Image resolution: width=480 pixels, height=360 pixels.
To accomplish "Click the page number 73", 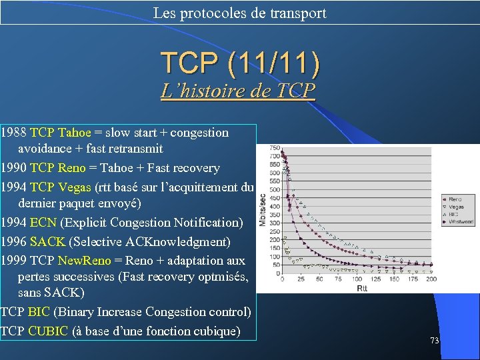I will click(434, 340).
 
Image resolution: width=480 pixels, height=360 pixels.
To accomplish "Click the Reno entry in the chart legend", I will click(455, 199).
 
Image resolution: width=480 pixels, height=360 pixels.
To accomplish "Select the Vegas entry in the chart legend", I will click(456, 207).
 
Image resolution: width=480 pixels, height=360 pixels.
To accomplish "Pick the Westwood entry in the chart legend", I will click(459, 221).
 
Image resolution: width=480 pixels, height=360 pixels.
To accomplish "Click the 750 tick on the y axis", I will click(273, 148).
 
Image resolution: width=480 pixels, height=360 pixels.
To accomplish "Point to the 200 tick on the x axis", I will click(431, 279).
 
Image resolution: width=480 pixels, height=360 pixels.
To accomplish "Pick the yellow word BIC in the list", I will click(39, 312).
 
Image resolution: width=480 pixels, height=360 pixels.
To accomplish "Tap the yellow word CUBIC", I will click(48, 331).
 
